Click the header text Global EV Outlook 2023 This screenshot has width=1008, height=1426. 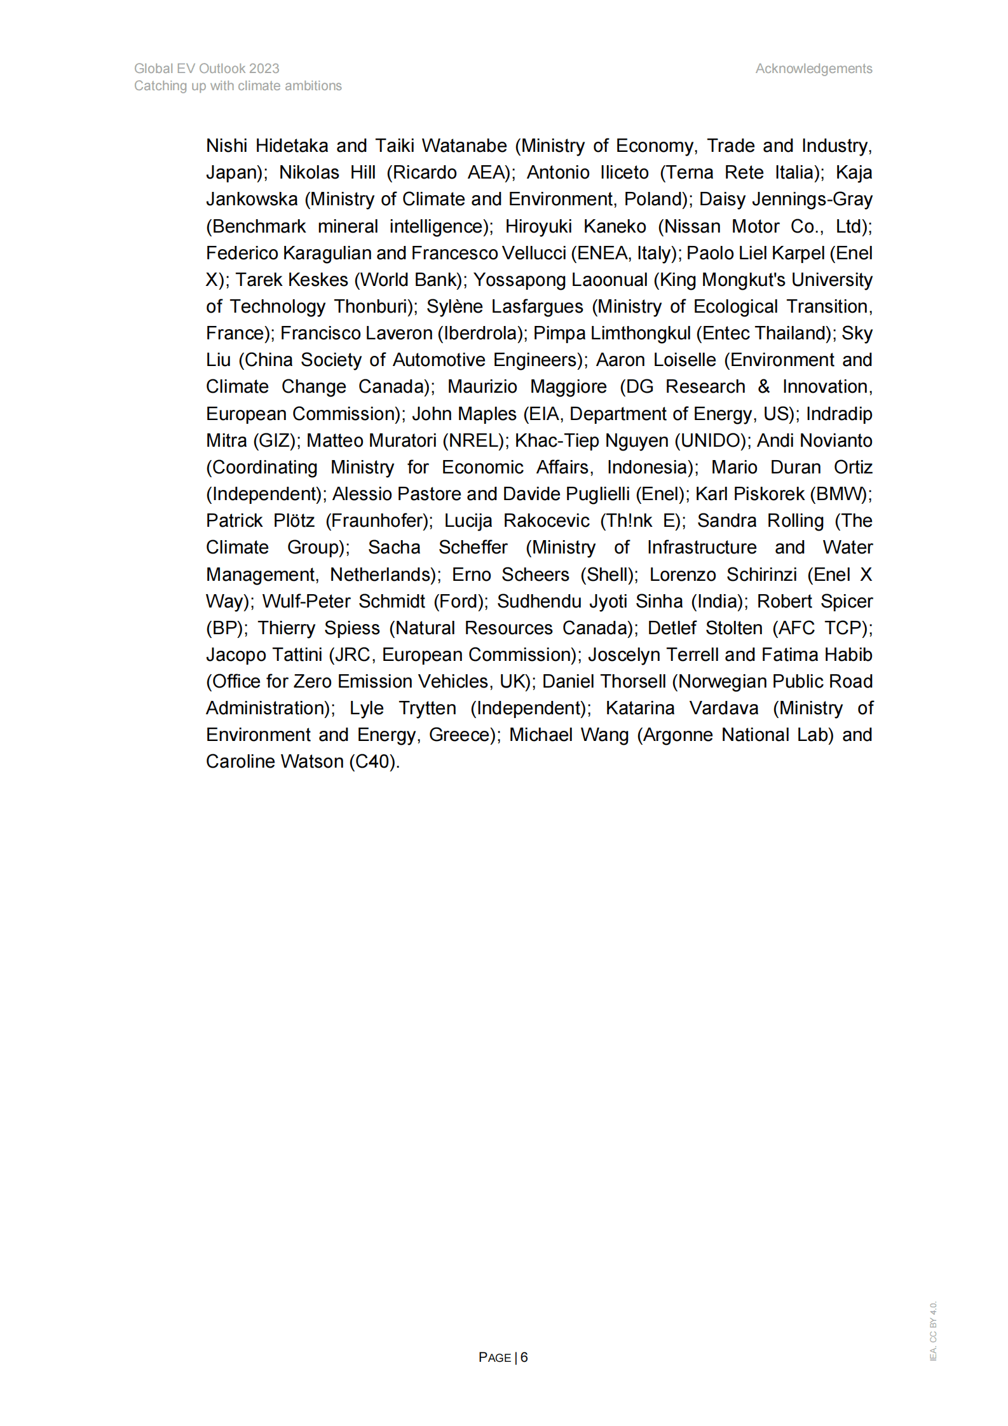click(x=207, y=69)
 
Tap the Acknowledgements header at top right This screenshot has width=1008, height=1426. click(x=814, y=69)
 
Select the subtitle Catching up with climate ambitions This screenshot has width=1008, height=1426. click(x=238, y=86)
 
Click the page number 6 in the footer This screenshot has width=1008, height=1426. click(x=524, y=1357)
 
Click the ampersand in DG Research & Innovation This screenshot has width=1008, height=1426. click(x=763, y=386)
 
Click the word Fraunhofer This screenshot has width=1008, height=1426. click(x=378, y=520)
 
